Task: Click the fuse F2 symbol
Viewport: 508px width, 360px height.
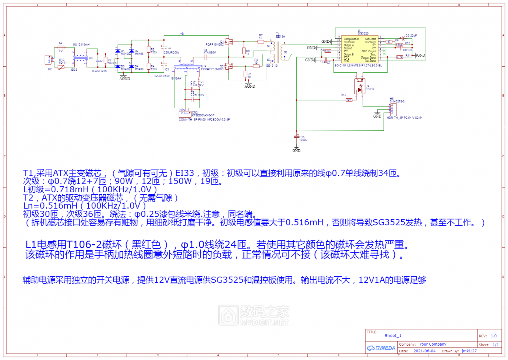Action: tap(61, 48)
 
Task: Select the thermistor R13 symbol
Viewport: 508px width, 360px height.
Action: tap(61, 67)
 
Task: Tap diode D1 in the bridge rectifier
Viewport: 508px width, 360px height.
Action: tap(118, 51)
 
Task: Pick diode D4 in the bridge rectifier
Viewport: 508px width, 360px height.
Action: tap(131, 67)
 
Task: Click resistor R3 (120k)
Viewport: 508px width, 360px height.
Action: tap(149, 50)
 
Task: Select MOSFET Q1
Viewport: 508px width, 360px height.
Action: tap(230, 42)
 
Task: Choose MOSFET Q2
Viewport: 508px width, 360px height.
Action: tap(230, 66)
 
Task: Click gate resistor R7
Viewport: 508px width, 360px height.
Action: tap(261, 42)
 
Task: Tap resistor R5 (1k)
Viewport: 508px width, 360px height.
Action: tap(246, 74)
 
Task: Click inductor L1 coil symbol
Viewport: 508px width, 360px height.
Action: tap(199, 81)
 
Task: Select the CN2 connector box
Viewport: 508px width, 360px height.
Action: tap(185, 114)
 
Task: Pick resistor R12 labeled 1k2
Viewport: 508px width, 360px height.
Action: tap(349, 100)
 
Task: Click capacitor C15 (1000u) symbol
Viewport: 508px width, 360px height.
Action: tap(297, 137)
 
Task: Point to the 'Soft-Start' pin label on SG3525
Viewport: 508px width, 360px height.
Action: tap(370, 39)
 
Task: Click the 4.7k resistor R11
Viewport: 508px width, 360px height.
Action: tap(399, 57)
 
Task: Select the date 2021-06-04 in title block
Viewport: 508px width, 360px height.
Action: tap(424, 351)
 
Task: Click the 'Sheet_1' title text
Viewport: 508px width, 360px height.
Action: tap(393, 336)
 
